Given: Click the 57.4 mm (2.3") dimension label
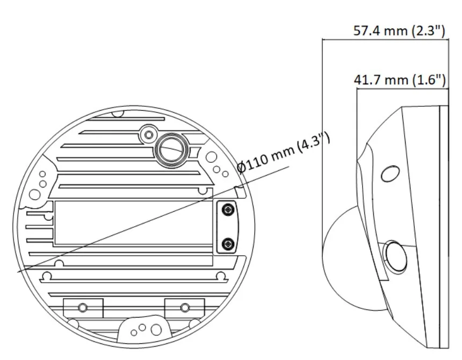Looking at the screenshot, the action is (399, 31).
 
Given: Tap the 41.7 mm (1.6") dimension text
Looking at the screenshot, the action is (400, 80).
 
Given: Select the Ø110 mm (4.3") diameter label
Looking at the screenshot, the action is (284, 153).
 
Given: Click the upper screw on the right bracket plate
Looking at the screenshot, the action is (227, 210).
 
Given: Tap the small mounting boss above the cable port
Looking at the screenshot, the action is (148, 135).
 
